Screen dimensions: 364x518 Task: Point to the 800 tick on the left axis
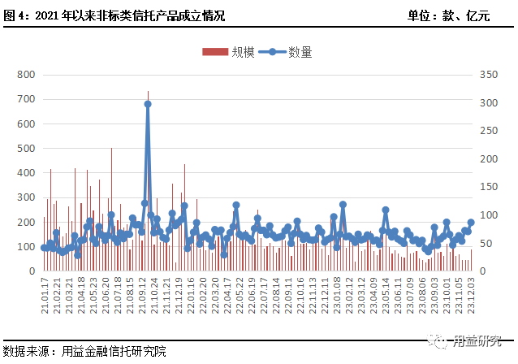click(x=25, y=74)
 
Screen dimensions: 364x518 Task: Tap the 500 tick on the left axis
click(x=25, y=148)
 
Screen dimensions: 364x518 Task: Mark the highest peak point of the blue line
click(x=148, y=104)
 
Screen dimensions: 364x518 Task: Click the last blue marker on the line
click(x=471, y=222)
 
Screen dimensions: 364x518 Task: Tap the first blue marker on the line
click(x=44, y=247)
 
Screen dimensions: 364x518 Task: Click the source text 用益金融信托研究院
click(x=113, y=351)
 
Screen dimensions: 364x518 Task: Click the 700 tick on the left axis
click(x=25, y=99)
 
